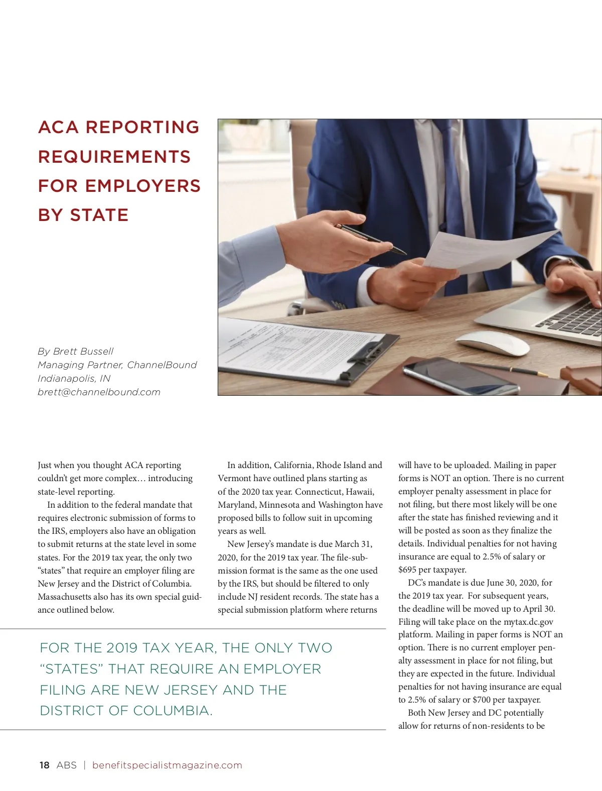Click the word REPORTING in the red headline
click(142, 127)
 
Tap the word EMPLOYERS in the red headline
click(143, 186)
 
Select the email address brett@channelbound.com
click(99, 392)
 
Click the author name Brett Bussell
click(83, 351)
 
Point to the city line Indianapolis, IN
click(74, 379)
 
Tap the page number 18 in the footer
click(45, 765)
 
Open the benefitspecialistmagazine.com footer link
click(167, 765)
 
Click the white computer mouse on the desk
click(492, 344)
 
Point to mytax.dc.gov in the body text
click(528, 622)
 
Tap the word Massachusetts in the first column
click(65, 597)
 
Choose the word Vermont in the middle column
click(234, 478)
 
